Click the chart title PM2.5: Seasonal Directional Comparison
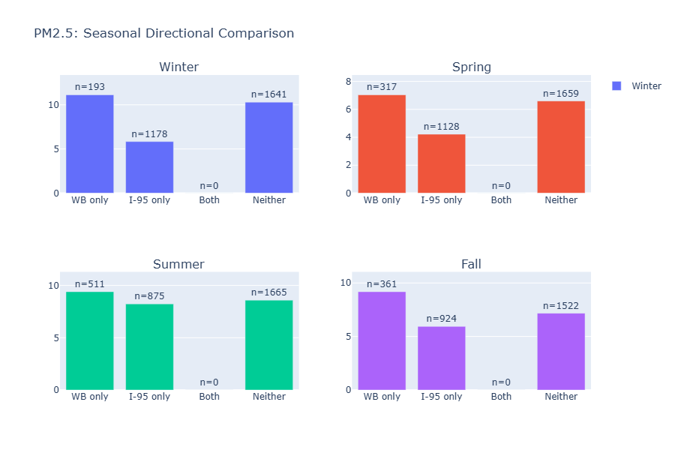coord(163,34)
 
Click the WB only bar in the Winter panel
coord(89,144)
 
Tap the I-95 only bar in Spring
coord(441,163)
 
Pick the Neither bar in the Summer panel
coord(268,345)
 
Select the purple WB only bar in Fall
coord(381,340)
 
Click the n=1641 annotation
coord(268,94)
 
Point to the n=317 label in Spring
coord(381,87)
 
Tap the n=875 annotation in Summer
coord(149,296)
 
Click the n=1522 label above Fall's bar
coord(561,305)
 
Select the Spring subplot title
coord(471,67)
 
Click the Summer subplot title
coord(178,264)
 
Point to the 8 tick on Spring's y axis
coord(348,82)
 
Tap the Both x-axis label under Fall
coord(501,397)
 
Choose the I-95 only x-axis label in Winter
coord(149,200)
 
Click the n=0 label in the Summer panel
coord(209,382)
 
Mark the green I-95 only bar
coord(149,346)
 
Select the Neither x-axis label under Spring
coord(561,200)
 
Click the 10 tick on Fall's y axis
coord(346,283)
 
